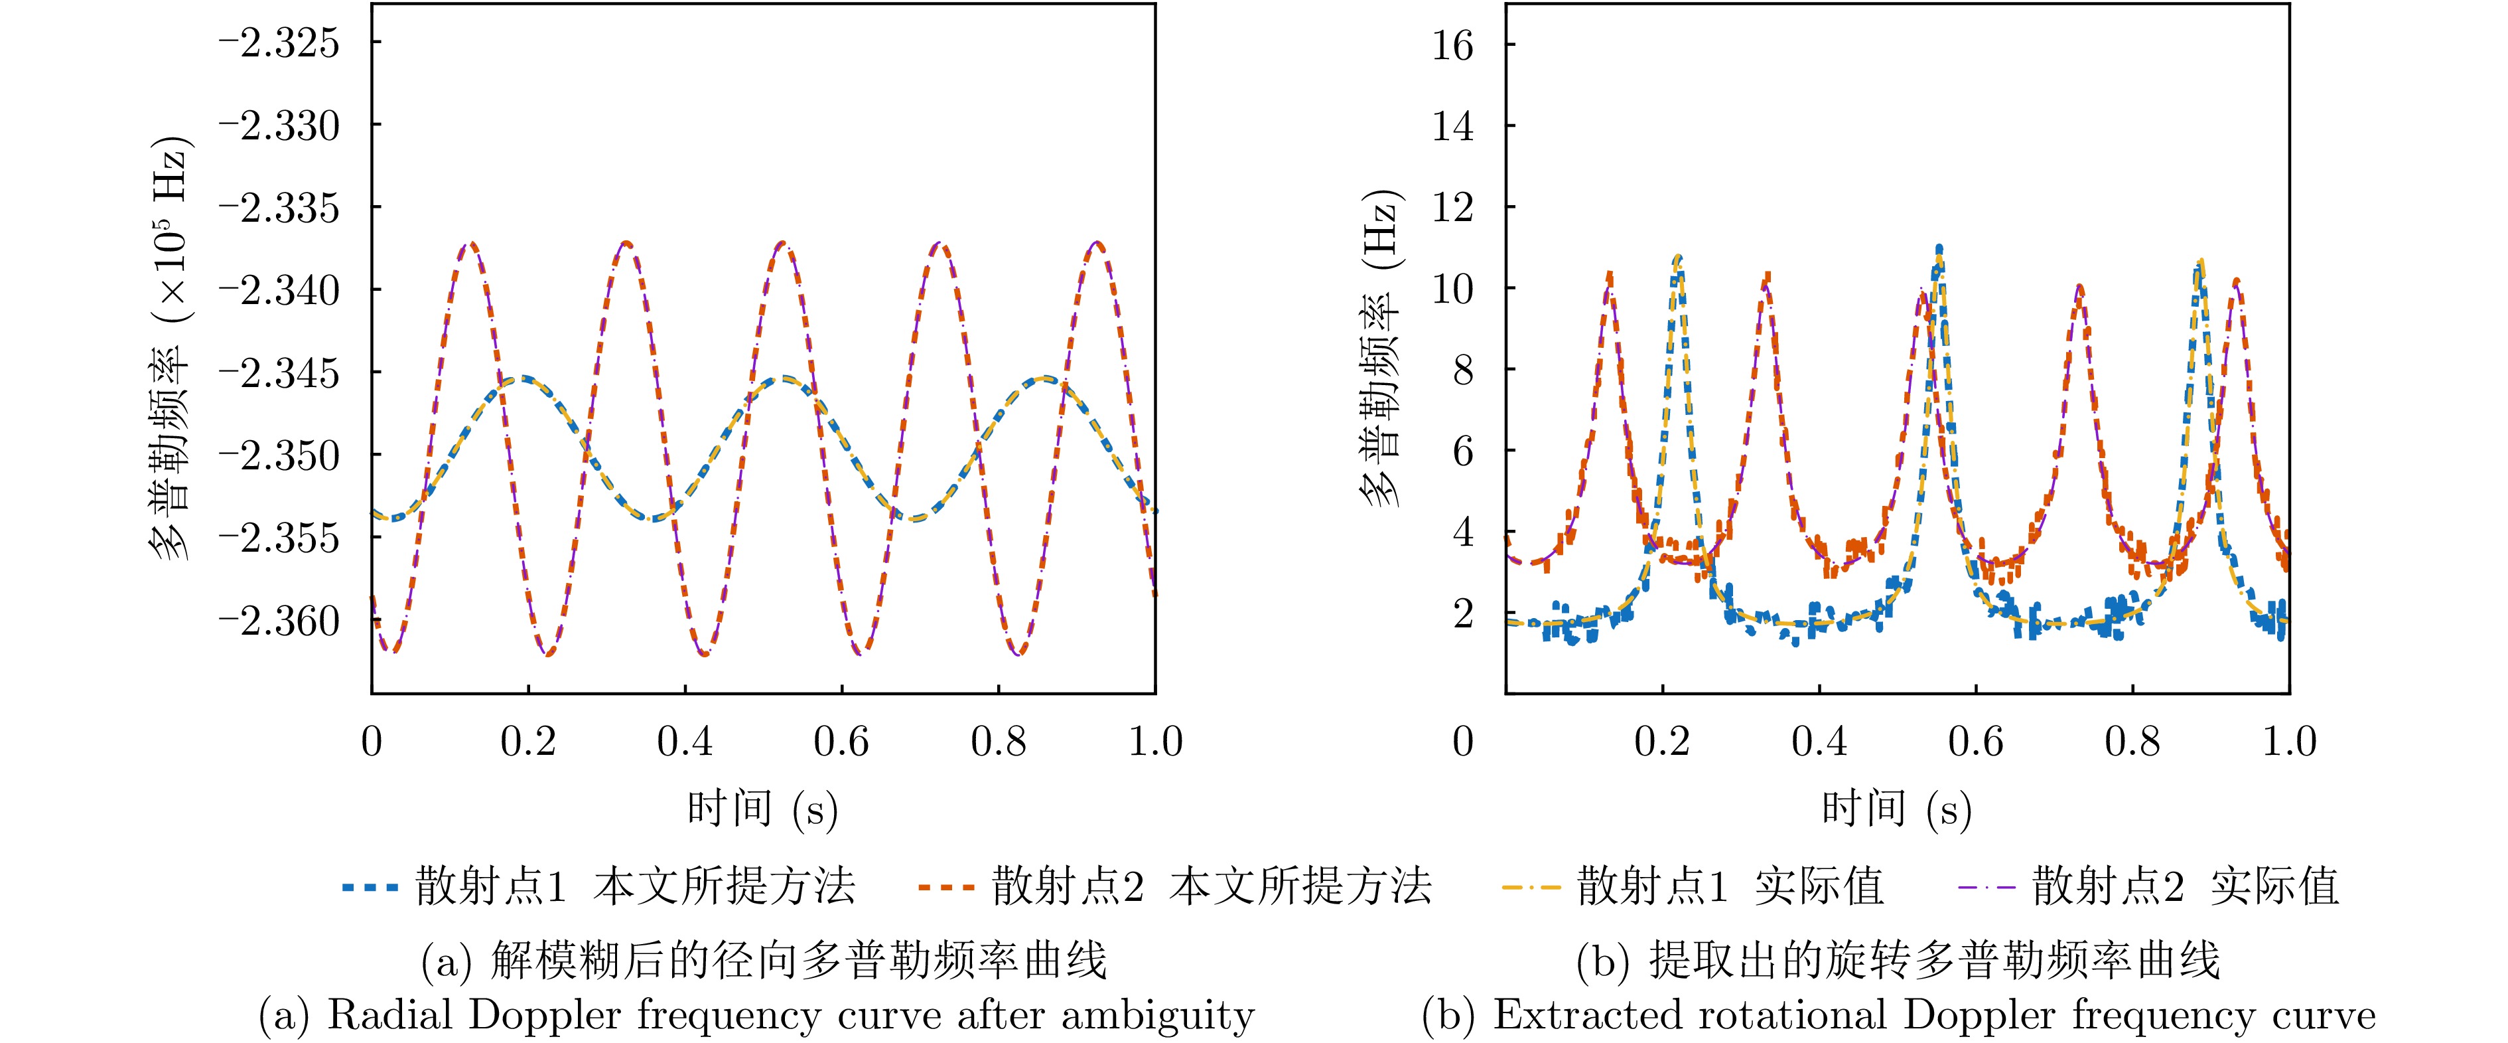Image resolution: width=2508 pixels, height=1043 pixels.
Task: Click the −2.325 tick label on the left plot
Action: pos(279,44)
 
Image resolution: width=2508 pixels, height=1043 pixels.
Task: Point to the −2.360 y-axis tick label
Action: pos(279,620)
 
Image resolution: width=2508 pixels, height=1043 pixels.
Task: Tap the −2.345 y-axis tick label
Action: pos(279,373)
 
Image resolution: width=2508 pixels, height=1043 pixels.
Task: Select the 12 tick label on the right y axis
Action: pos(1452,207)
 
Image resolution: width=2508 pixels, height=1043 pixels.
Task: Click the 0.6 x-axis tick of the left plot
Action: pos(841,742)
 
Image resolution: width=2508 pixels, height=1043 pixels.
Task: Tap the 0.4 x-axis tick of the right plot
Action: pos(1819,742)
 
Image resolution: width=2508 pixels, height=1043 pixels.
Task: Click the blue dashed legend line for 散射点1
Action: pos(370,887)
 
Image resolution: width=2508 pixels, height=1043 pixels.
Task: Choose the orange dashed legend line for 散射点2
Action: pos(945,887)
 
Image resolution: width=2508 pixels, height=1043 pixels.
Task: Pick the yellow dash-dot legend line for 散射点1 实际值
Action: pos(1531,887)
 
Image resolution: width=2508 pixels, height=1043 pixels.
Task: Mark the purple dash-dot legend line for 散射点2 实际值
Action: pos(1985,887)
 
